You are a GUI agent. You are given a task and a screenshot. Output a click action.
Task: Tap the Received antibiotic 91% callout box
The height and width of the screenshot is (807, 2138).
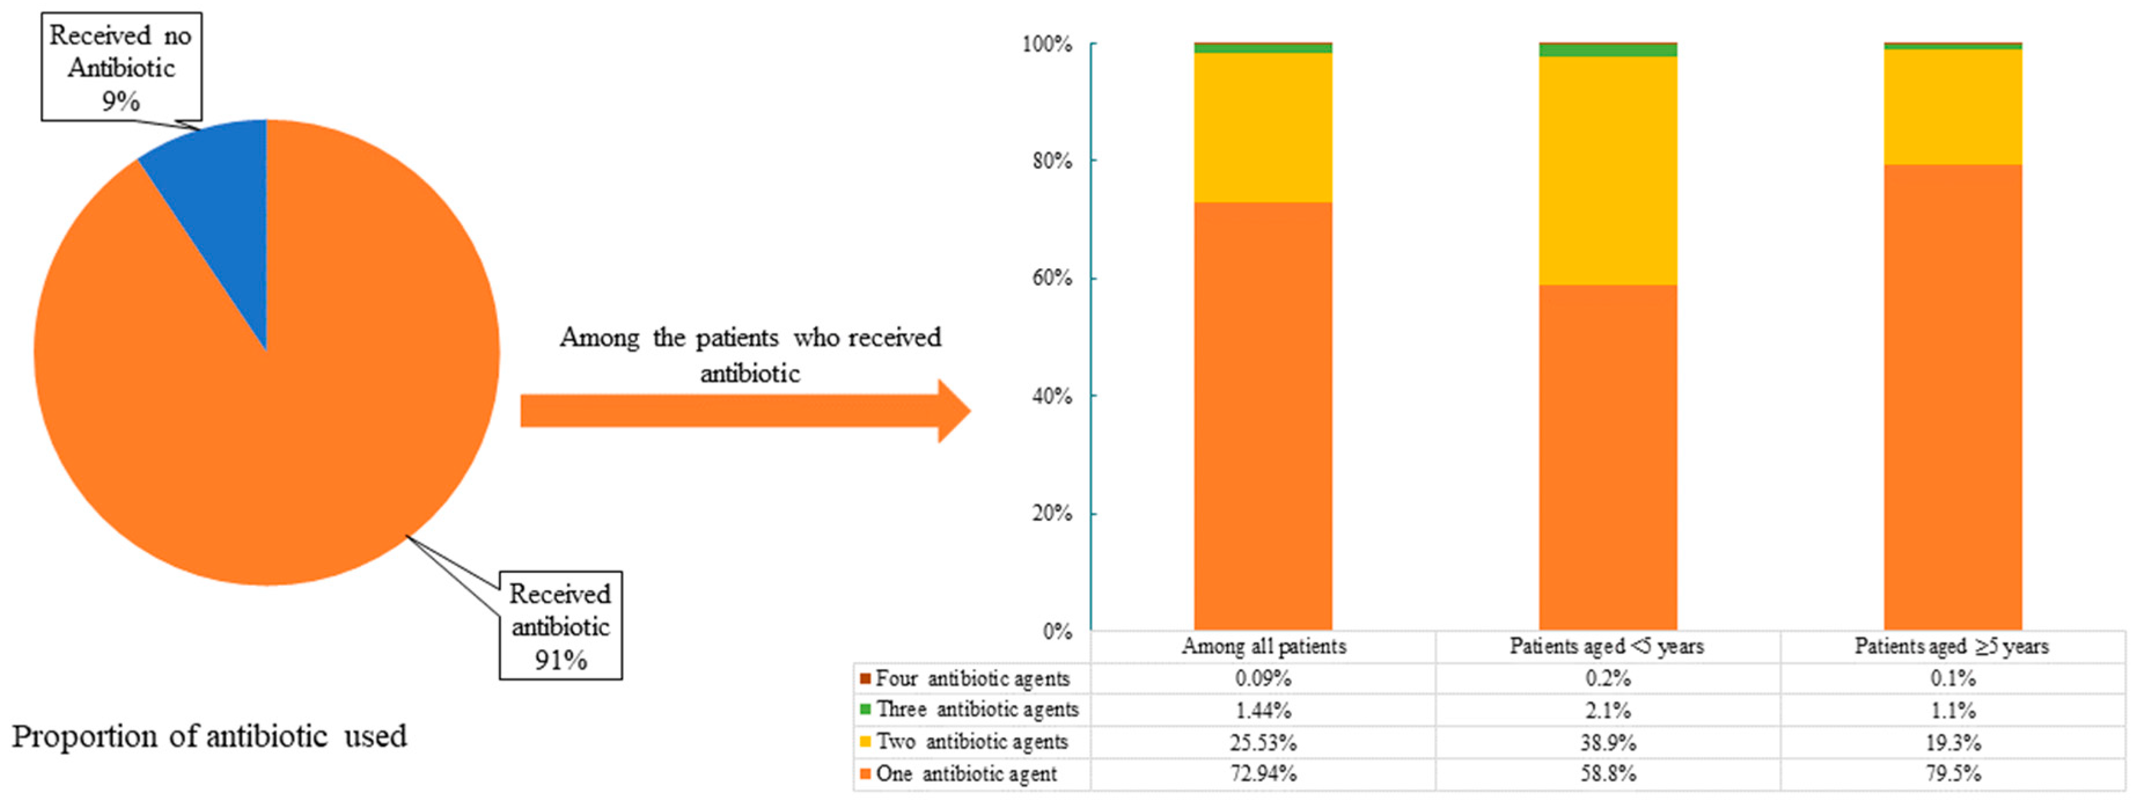(560, 625)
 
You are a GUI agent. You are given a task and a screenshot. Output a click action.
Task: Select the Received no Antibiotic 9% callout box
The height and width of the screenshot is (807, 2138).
(121, 67)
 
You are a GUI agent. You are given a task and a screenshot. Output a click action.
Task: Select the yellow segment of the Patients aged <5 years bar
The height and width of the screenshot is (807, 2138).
(1608, 170)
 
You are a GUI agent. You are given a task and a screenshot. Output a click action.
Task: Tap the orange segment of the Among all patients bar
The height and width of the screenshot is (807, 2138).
(1262, 414)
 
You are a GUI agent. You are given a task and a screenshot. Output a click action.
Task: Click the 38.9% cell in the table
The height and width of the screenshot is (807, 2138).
(1608, 742)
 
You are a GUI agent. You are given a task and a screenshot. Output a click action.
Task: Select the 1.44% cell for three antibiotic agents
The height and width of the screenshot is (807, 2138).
(1262, 710)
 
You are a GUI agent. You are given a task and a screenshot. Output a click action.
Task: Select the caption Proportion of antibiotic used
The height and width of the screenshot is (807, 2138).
(209, 736)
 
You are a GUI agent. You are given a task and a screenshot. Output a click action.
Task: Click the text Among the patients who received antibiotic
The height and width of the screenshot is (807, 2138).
(750, 355)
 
